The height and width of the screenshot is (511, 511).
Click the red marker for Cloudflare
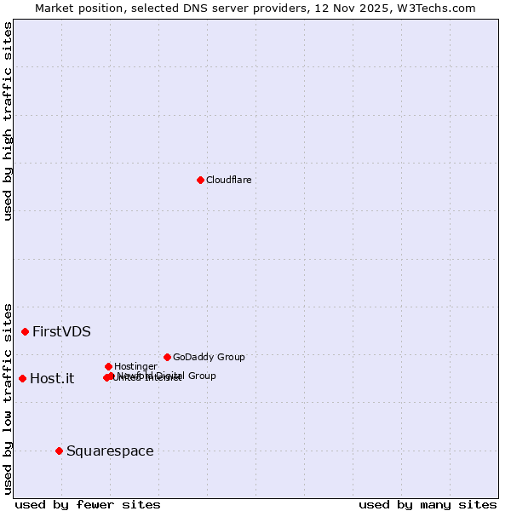point(200,180)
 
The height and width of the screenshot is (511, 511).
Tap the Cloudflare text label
point(228,180)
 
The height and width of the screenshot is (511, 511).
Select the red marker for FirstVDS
point(25,331)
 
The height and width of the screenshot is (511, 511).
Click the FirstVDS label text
point(61,332)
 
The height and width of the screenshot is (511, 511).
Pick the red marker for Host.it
point(22,378)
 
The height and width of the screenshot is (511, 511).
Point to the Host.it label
point(52,379)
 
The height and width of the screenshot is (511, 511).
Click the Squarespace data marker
point(59,451)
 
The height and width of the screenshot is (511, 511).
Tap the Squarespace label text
point(110,451)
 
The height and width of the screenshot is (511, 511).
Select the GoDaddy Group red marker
point(167,357)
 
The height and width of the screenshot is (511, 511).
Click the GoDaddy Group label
point(209,357)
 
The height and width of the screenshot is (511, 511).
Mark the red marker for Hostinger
point(108,366)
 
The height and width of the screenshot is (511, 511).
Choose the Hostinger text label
point(135,366)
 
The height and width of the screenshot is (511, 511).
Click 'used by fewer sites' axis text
point(88,504)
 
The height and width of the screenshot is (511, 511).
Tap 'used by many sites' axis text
point(428,504)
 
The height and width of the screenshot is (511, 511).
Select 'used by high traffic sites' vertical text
point(8,121)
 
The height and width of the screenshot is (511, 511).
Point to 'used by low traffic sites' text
point(8,398)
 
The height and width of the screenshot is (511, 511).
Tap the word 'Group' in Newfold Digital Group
point(201,376)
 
